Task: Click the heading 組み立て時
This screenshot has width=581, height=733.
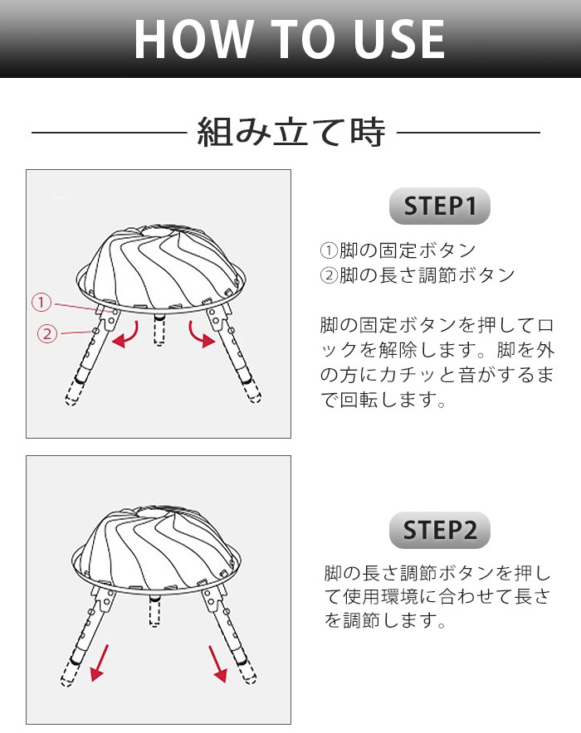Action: [x=291, y=133]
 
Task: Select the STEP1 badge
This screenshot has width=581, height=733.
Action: [x=440, y=206]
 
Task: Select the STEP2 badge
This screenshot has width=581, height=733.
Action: [x=440, y=530]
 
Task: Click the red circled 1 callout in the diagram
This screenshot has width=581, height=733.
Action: [x=41, y=302]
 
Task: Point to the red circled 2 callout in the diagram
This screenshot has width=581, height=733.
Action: [x=47, y=334]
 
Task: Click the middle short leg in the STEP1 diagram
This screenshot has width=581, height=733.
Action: [x=160, y=329]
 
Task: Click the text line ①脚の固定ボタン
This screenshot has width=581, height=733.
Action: [x=398, y=250]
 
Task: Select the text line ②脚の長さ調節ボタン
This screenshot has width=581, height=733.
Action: [x=417, y=275]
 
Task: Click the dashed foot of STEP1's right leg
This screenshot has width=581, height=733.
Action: [x=251, y=391]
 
